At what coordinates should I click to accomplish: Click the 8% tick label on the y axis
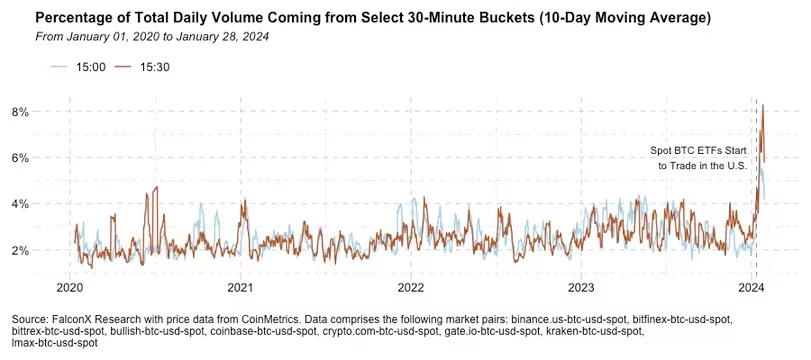pyautogui.click(x=21, y=112)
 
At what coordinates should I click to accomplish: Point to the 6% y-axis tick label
pyautogui.click(x=21, y=158)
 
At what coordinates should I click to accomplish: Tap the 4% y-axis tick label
pyautogui.click(x=21, y=204)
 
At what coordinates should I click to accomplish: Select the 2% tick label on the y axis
pyautogui.click(x=21, y=250)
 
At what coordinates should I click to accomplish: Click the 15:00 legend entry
pyautogui.click(x=79, y=67)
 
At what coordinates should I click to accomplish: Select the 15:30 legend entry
pyautogui.click(x=142, y=67)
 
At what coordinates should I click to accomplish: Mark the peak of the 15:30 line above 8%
pyautogui.click(x=763, y=105)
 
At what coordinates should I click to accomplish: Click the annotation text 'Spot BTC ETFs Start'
pyautogui.click(x=698, y=151)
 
